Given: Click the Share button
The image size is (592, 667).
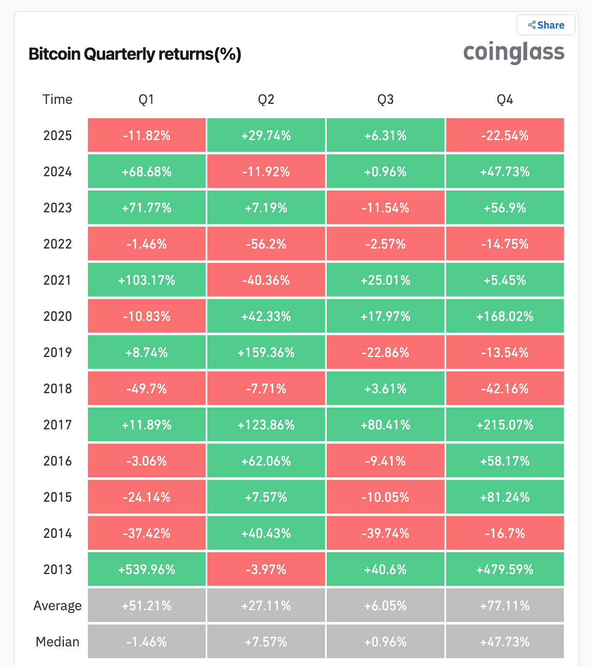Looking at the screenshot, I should [546, 25].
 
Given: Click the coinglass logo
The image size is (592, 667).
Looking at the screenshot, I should [513, 53].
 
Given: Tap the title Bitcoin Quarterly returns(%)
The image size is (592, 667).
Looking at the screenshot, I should [135, 54].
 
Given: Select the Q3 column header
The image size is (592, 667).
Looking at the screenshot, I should [385, 100].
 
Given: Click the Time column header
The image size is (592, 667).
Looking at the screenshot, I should [58, 100].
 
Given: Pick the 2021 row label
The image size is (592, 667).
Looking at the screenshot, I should [58, 280].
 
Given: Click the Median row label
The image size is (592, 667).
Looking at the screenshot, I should [58, 642].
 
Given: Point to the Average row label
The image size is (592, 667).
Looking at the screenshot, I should [58, 606].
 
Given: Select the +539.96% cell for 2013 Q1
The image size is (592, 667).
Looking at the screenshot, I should [147, 569].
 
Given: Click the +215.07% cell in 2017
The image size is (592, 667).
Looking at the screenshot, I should [505, 425].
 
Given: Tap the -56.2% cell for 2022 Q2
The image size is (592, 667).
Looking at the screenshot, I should [266, 244].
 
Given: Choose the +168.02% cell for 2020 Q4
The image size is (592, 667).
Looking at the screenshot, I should [505, 316].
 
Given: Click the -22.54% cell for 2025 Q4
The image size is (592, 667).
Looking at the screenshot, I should [505, 135].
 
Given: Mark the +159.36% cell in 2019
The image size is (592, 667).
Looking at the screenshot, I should [266, 352].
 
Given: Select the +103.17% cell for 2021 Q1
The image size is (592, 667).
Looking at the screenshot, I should [147, 280].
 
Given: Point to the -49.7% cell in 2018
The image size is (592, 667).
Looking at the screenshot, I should [147, 389].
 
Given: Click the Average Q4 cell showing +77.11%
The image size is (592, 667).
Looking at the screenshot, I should [505, 606].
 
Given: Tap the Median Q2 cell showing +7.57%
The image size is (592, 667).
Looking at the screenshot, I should [266, 642].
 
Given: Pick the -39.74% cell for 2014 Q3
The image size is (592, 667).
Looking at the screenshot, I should [385, 533].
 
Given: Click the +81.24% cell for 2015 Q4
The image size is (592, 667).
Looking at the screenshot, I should [505, 497].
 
